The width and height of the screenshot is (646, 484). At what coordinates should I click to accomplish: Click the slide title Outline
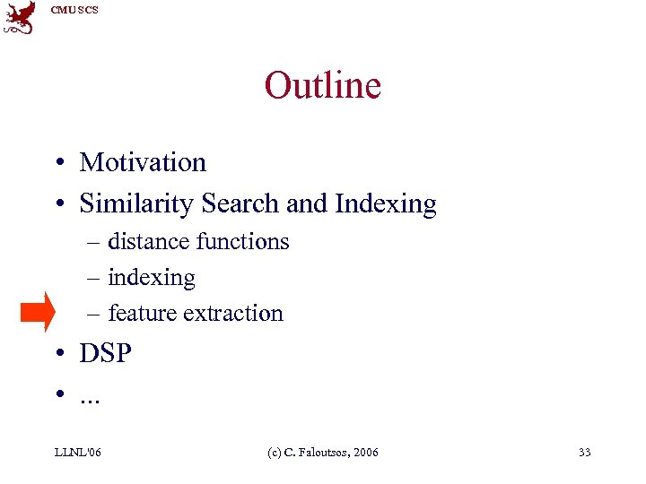click(323, 86)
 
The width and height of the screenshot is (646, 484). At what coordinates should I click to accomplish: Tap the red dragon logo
click(20, 17)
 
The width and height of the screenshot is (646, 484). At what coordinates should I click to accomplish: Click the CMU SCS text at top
click(74, 10)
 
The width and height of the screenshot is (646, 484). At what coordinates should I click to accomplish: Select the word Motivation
click(143, 162)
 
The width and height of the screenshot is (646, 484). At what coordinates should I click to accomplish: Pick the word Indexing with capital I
click(386, 205)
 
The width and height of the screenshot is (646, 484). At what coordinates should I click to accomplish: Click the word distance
click(148, 241)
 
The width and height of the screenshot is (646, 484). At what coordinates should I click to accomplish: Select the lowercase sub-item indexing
click(151, 278)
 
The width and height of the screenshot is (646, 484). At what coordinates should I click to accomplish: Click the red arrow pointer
click(38, 311)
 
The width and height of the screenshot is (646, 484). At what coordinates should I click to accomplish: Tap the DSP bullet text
click(105, 354)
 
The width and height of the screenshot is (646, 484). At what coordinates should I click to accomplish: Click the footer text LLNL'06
click(77, 453)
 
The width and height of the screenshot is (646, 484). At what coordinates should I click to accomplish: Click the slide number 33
click(584, 453)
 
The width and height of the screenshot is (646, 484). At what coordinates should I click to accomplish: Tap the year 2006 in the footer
click(366, 453)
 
